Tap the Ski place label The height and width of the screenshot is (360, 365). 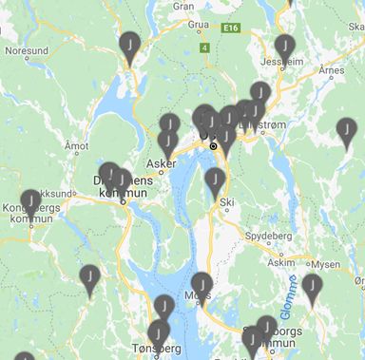coord(226,201)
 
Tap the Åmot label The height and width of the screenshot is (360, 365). coord(75,145)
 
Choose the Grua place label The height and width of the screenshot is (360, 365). coord(199,27)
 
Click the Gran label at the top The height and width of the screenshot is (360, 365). coord(183,5)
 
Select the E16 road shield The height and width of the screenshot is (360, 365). coord(231,28)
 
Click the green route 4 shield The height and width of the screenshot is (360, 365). coord(203,47)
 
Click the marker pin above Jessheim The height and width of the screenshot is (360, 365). coord(283,45)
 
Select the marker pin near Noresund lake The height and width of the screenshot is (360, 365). coord(129,44)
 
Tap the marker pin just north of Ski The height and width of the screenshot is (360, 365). coord(216,180)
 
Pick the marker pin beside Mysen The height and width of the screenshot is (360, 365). coord(312,284)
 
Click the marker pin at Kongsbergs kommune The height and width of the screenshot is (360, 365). coord(31,200)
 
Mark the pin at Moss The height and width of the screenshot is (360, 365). coord(202,283)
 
